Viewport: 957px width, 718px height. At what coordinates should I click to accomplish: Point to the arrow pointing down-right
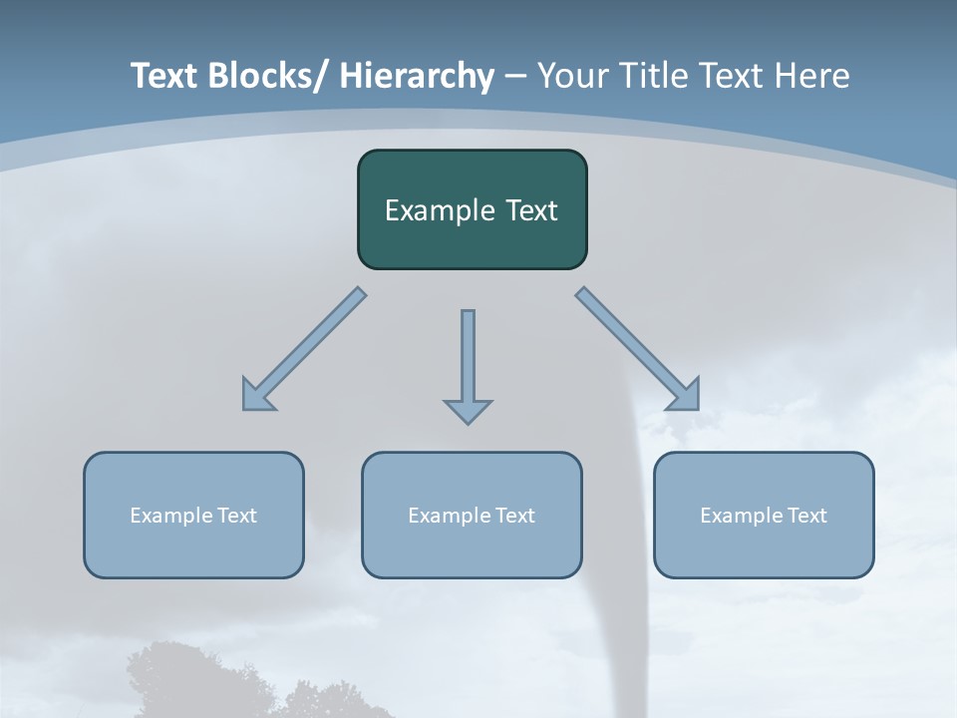[x=638, y=350]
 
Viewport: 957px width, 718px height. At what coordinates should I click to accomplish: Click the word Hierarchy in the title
[x=417, y=76]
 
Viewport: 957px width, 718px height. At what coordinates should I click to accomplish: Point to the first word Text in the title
[x=164, y=76]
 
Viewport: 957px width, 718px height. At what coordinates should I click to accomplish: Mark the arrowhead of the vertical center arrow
[x=468, y=410]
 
